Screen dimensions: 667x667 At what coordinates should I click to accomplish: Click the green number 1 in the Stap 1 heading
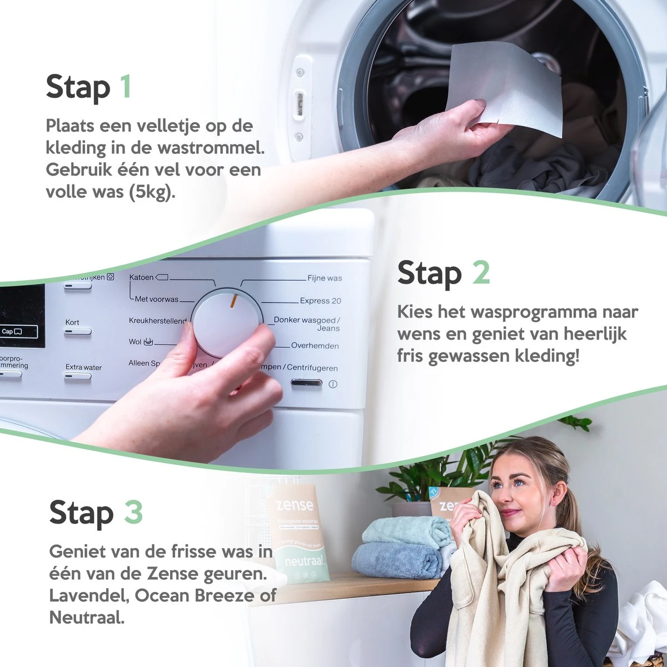(x=126, y=87)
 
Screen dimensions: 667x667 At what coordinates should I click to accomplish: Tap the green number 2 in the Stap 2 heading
(x=481, y=272)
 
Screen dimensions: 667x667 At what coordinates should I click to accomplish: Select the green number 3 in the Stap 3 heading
(x=133, y=512)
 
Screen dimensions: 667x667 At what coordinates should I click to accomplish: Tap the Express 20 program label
(x=320, y=301)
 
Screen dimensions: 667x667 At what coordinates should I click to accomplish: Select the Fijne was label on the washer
(x=325, y=278)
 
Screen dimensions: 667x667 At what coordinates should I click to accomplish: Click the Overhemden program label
(x=315, y=346)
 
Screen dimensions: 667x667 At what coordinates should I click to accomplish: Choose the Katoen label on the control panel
(x=142, y=277)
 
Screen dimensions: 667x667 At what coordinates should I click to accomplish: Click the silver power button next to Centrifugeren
(x=306, y=383)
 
